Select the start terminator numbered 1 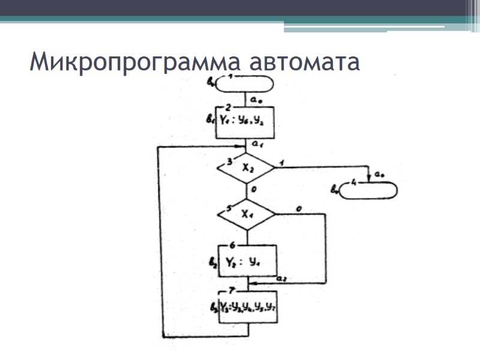point(247,85)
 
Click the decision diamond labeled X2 point(247,169)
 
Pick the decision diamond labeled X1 point(247,214)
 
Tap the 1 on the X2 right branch point(282,163)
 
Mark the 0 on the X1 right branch point(299,208)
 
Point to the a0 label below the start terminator point(255,100)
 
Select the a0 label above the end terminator point(378,174)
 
